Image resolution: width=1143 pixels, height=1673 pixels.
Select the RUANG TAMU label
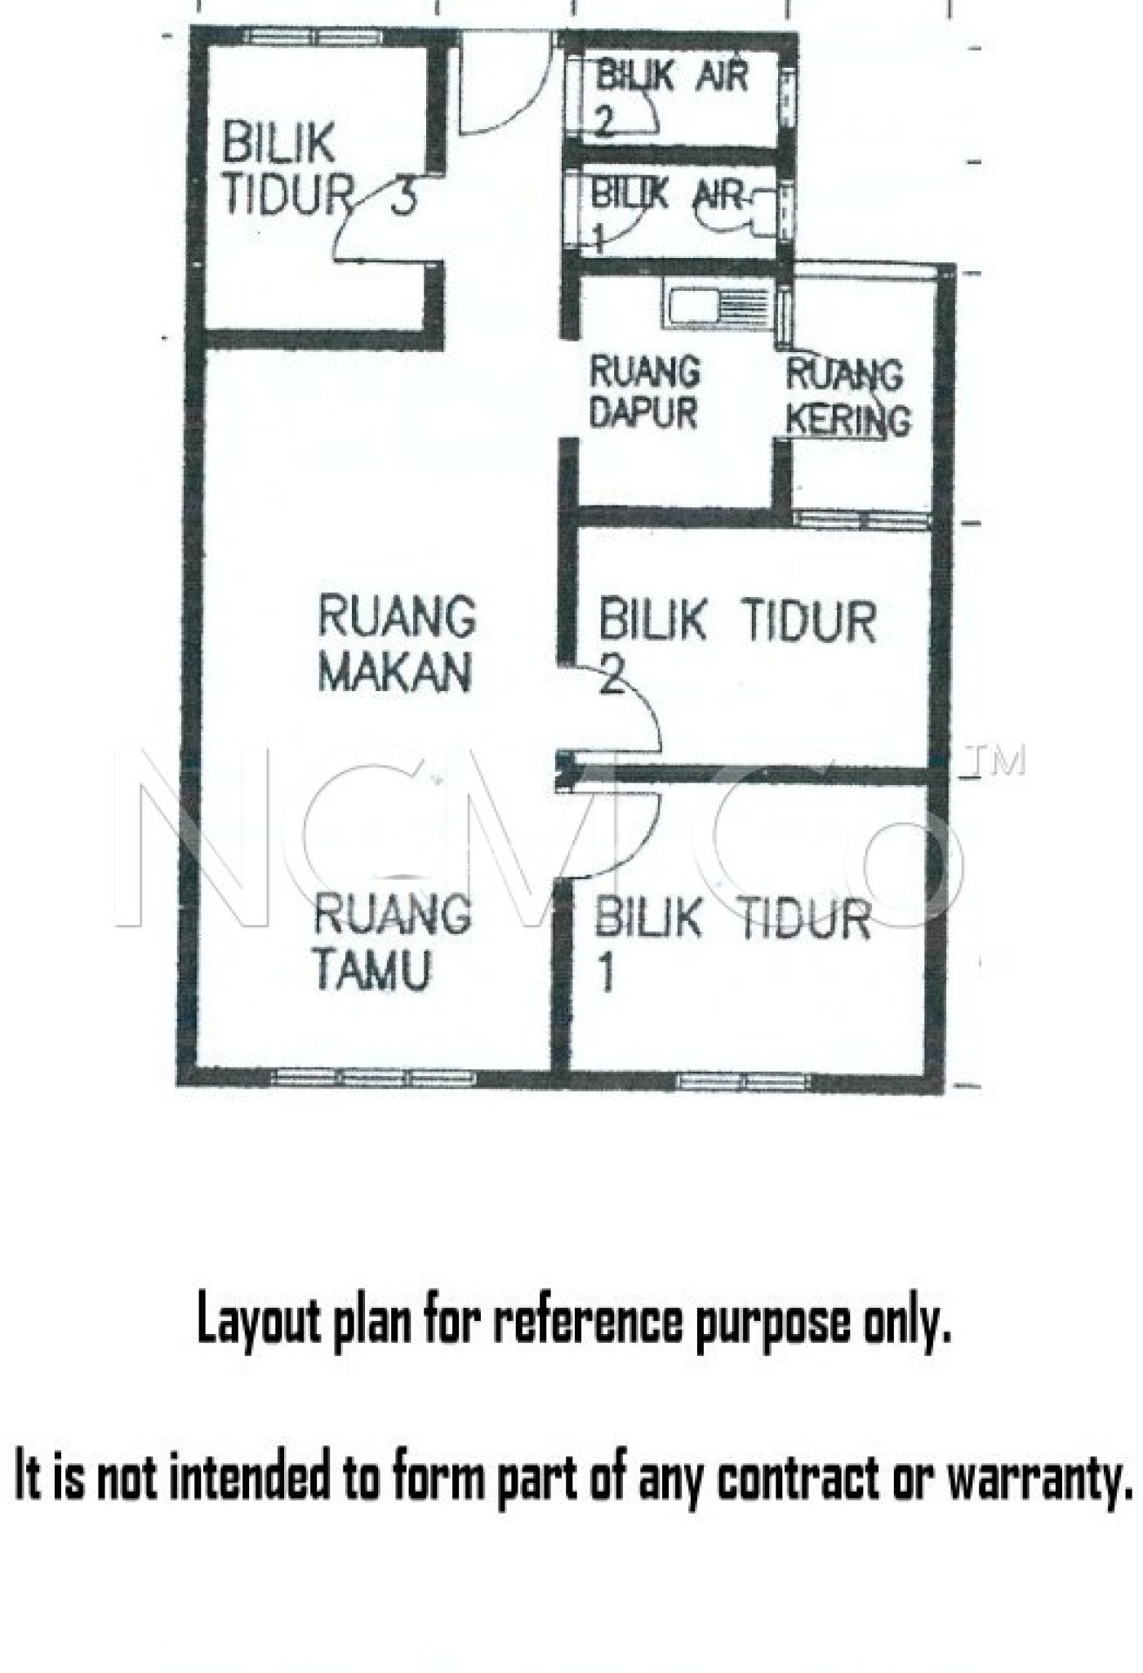[x=392, y=942]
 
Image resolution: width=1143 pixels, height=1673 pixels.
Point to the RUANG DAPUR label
[x=644, y=392]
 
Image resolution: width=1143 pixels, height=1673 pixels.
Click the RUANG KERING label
[x=847, y=399]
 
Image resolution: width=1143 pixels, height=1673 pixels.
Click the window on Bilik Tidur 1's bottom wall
[x=744, y=1082]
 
